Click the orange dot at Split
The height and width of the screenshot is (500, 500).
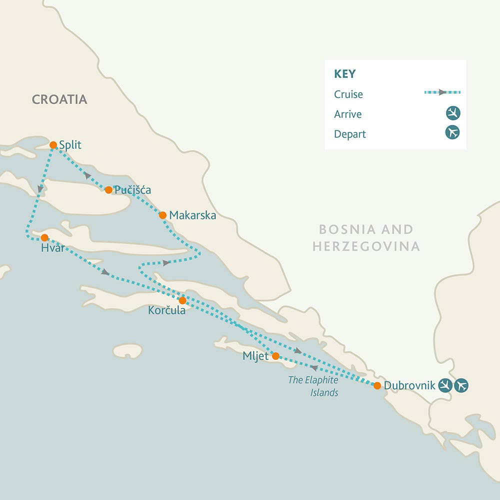(53, 145)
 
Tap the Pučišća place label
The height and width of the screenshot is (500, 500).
(132, 190)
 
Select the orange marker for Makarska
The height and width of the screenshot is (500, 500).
(162, 215)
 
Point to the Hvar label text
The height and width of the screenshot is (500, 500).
(53, 247)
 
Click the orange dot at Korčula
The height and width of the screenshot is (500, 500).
(182, 300)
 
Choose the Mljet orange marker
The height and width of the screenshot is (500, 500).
(275, 356)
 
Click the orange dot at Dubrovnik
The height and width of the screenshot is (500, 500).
(377, 385)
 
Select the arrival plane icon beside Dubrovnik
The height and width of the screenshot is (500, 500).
(445, 385)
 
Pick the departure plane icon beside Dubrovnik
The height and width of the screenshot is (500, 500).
(461, 385)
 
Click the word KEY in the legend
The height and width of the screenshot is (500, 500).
(344, 74)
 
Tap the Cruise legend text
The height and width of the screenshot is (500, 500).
(348, 94)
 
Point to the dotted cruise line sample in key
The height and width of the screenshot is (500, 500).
(442, 92)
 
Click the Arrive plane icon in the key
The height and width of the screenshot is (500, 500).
(453, 113)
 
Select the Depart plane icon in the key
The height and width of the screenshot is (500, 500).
(453, 133)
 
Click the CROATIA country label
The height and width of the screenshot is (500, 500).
(59, 99)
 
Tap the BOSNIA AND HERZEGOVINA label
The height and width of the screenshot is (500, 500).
(366, 237)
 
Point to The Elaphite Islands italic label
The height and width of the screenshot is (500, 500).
(313, 386)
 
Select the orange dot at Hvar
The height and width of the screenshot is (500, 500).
(44, 237)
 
